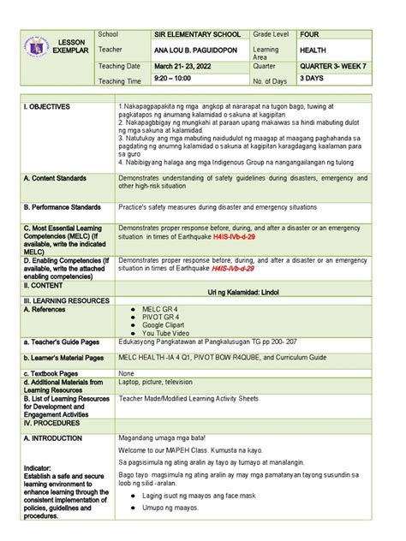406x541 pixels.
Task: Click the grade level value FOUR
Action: click(309, 33)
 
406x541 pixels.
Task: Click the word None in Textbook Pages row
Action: click(127, 374)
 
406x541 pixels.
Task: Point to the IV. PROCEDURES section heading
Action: click(52, 423)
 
